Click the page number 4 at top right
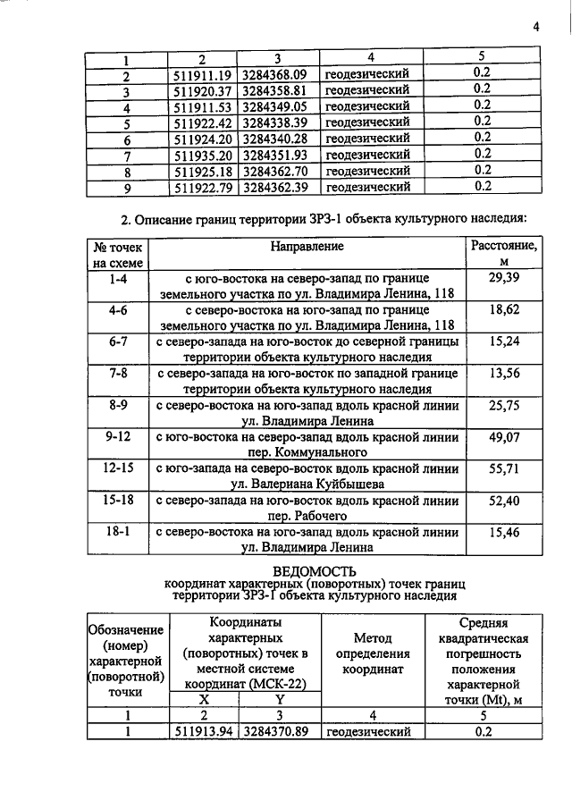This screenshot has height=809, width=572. coord(536,26)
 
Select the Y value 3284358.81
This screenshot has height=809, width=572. coord(274,90)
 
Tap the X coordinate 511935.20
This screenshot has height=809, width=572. coord(203,156)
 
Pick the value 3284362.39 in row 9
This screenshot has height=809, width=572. coord(274,188)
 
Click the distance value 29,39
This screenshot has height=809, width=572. coord(503,280)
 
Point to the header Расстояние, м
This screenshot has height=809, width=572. coord(503,252)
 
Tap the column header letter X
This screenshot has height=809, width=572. coord(203,699)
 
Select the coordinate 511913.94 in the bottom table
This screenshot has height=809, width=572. coord(203,732)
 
